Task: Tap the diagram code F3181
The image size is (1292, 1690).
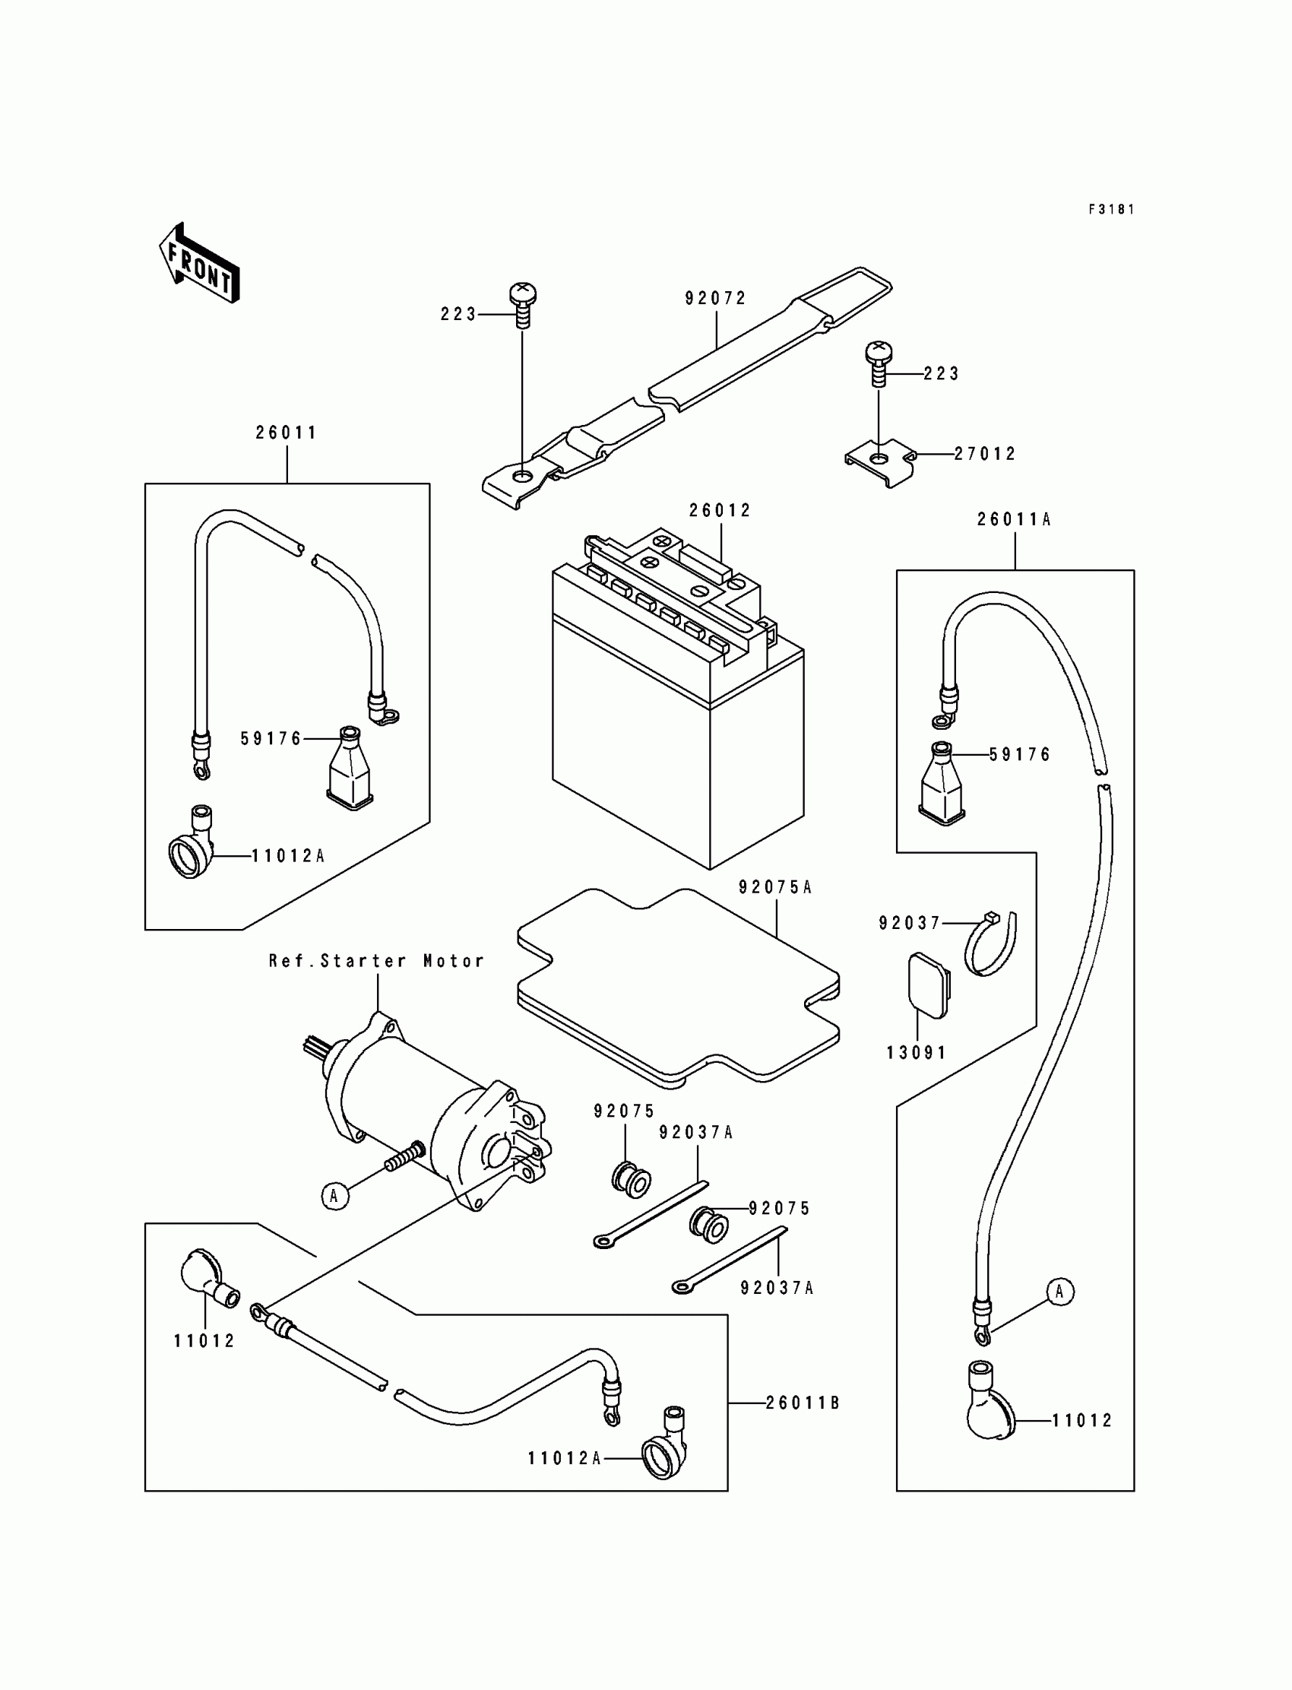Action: [x=1111, y=209]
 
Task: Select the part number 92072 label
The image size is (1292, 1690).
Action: [x=716, y=299]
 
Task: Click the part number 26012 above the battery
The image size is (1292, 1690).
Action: [x=720, y=510]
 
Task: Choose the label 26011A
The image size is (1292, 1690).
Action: [x=1015, y=519]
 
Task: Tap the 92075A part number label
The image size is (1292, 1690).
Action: [x=775, y=887]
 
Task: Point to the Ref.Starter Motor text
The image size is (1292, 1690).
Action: [x=377, y=961]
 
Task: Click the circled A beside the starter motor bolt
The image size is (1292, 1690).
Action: [x=334, y=1196]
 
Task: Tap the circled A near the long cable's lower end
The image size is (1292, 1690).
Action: [x=1059, y=1292]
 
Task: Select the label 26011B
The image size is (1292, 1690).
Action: [x=803, y=1403]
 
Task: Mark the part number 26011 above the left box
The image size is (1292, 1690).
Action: [x=287, y=433]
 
